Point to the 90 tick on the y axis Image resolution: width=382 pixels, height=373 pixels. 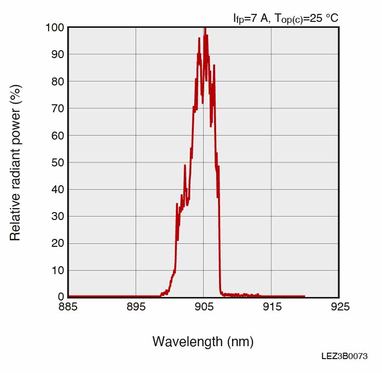pos(58,54)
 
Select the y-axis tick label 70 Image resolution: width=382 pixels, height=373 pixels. pos(58,108)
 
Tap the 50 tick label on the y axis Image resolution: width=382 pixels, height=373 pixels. pos(58,162)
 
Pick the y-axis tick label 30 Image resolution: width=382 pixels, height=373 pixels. pos(58,217)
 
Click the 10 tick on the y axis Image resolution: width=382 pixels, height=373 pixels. pos(58,271)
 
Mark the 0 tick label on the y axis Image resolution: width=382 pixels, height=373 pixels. pos(61,297)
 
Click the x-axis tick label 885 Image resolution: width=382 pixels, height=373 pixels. pos(68,307)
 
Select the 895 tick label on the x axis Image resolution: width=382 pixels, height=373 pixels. pos(136,307)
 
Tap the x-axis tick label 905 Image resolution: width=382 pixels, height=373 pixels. pos(204,307)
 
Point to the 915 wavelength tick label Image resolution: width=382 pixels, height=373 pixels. pos(272,307)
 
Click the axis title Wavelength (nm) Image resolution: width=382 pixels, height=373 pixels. pos(203,341)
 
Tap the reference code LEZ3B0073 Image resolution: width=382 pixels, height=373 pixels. pos(344,356)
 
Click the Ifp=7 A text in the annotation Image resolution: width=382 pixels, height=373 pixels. pos(251,18)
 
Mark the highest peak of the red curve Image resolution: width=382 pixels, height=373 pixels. pos(204,28)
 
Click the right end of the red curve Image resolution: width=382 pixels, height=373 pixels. pos(304,297)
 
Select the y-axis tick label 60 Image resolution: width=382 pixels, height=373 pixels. pos(58,136)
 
